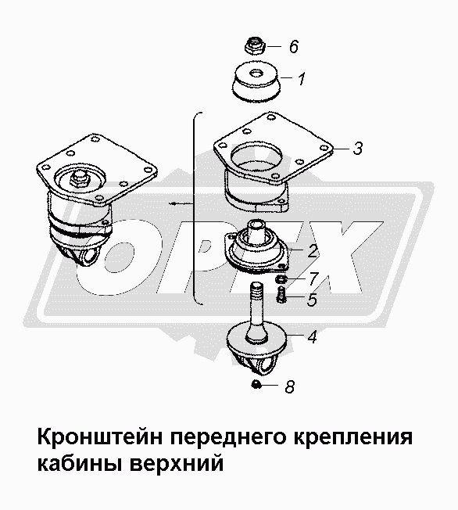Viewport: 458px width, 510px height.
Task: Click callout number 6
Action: [294, 46]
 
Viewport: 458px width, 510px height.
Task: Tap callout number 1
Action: [302, 79]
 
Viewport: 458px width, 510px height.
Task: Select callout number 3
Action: [357, 149]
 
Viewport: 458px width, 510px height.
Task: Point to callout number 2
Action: [313, 251]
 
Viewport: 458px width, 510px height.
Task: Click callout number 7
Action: [313, 278]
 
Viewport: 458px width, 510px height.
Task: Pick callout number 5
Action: [312, 300]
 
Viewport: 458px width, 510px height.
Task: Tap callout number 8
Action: [290, 387]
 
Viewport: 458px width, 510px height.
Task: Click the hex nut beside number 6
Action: [256, 46]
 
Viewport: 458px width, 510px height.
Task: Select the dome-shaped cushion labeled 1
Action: [256, 81]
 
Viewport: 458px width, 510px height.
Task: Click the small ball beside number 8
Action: [256, 384]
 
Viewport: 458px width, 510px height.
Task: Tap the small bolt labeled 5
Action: [281, 295]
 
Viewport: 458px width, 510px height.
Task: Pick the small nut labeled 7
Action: [281, 278]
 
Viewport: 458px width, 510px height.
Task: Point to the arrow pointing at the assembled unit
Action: [181, 204]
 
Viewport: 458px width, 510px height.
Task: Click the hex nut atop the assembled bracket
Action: [80, 178]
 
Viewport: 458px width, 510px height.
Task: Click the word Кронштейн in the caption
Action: [100, 437]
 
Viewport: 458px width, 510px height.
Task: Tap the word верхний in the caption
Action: [177, 463]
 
